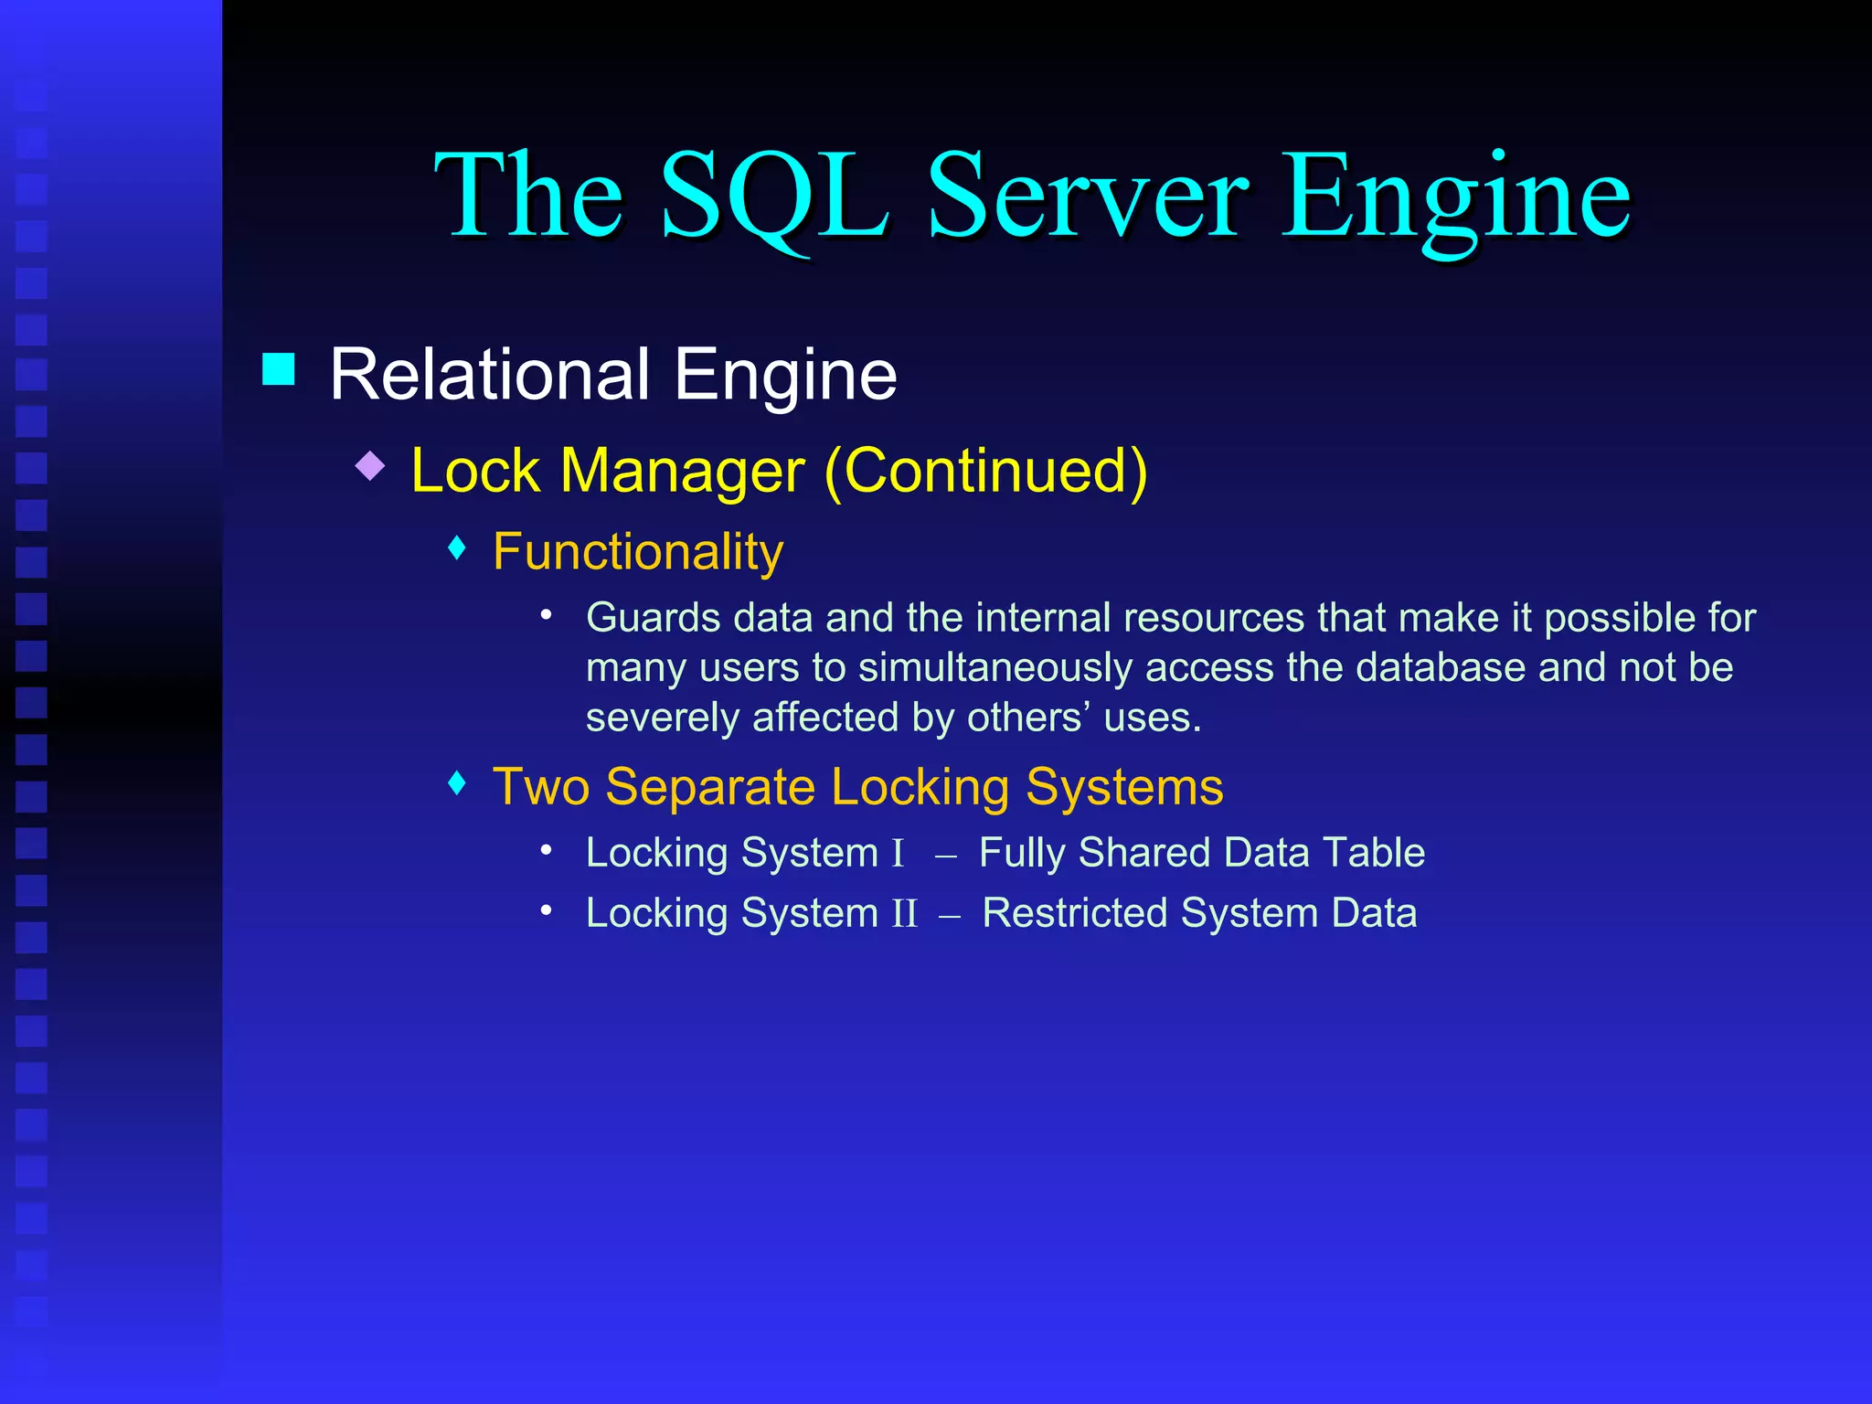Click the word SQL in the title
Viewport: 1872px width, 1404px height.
tap(773, 197)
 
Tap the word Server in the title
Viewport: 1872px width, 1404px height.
tap(1088, 197)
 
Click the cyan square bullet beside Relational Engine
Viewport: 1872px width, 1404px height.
tap(279, 369)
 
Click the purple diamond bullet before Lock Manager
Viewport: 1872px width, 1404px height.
tap(370, 466)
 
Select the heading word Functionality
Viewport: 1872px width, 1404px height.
tap(637, 552)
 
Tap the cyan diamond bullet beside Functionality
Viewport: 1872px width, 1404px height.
tap(458, 548)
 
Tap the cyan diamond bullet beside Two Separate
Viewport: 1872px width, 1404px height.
tap(458, 783)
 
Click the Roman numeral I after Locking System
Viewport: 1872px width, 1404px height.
tap(898, 854)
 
